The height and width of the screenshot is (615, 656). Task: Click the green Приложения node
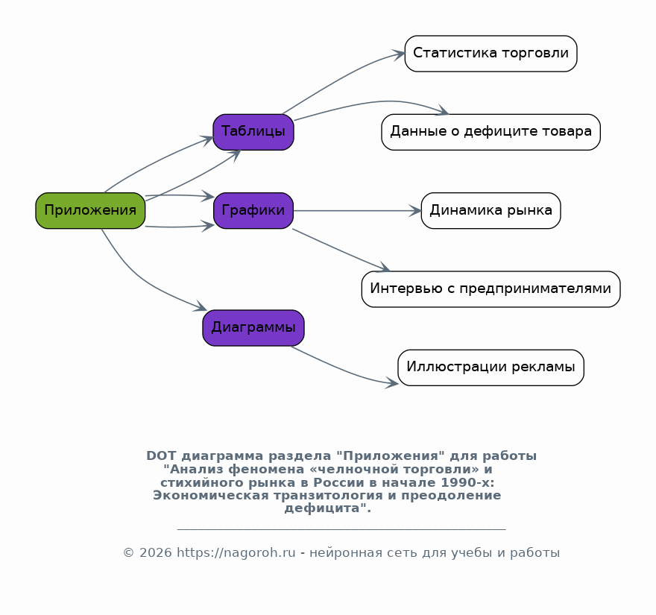click(x=90, y=210)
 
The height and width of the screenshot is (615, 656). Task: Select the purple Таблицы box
click(x=253, y=132)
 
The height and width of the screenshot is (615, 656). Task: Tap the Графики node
click(x=253, y=210)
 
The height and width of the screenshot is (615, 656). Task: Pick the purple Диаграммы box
click(x=253, y=327)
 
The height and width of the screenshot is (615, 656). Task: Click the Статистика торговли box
click(x=491, y=54)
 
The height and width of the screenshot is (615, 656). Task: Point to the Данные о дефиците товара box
click(x=491, y=132)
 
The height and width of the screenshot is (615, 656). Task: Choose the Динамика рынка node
click(x=491, y=210)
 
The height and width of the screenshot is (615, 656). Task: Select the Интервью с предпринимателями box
click(x=491, y=289)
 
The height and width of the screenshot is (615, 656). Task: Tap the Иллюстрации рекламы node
click(x=491, y=368)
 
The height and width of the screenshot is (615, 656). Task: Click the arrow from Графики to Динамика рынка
click(x=357, y=210)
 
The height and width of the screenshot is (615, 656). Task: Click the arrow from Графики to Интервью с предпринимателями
click(x=341, y=250)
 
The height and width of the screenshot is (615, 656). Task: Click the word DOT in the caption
click(x=162, y=455)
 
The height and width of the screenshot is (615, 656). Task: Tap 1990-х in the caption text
click(x=467, y=482)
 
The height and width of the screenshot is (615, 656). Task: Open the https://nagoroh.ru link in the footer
click(x=236, y=552)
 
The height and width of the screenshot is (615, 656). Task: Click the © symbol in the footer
click(x=128, y=552)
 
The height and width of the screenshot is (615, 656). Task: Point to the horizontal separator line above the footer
click(x=341, y=530)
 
